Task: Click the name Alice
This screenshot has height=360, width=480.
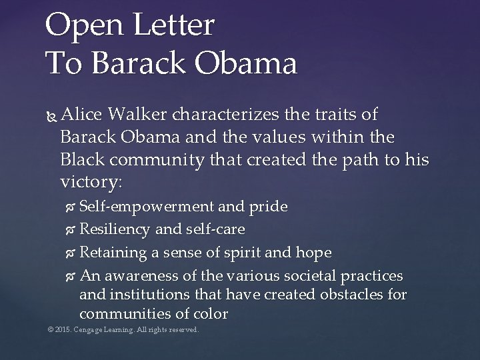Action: (81, 117)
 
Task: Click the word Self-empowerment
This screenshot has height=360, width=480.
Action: (146, 207)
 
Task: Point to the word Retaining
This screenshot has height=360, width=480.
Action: (111, 253)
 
